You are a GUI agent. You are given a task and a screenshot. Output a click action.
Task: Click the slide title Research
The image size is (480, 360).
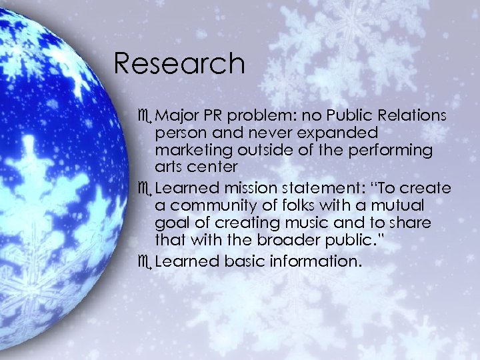(x=179, y=63)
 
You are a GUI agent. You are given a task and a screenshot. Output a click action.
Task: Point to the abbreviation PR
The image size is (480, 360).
(x=211, y=115)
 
